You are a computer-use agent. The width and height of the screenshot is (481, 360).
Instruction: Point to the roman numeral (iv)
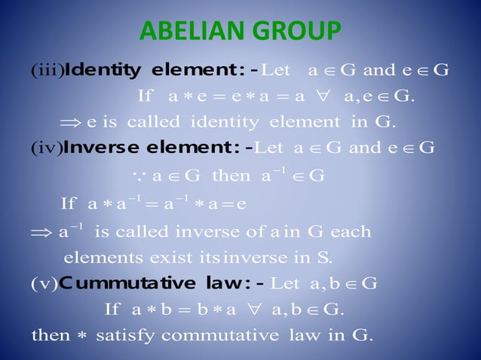46,148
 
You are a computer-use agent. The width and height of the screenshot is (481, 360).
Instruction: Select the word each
351,232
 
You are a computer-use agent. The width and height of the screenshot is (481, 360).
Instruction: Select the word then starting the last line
51,334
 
